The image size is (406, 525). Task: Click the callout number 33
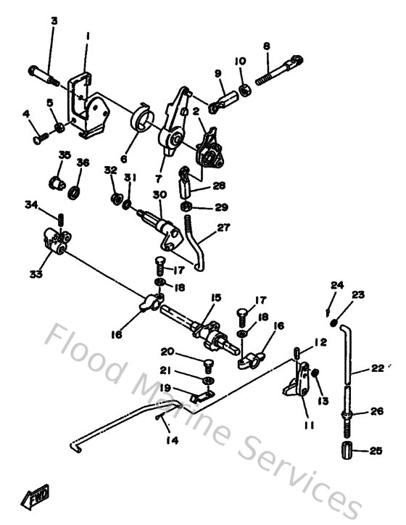[36, 274]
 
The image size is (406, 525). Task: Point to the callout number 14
[171, 439]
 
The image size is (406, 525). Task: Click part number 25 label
[375, 451]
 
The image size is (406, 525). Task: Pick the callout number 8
[267, 46]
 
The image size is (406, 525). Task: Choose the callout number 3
[54, 20]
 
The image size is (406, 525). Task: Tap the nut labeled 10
[245, 90]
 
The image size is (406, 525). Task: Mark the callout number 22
[376, 368]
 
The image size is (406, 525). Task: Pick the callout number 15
[215, 297]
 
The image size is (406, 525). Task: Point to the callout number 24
[336, 284]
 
